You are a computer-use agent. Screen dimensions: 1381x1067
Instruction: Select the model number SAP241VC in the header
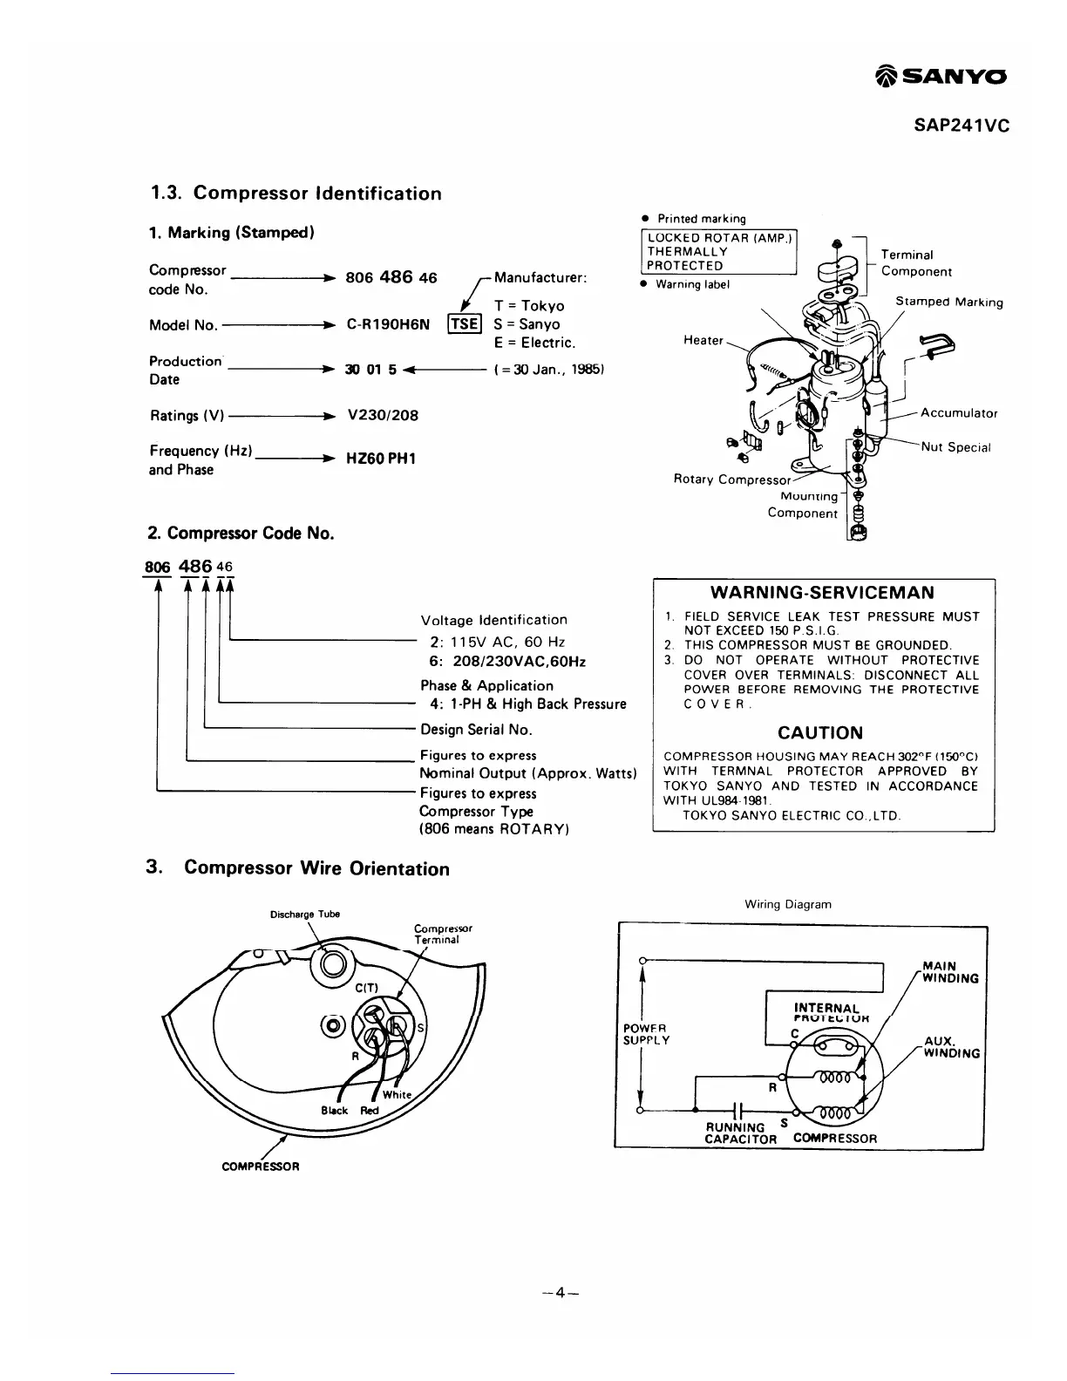[x=962, y=126]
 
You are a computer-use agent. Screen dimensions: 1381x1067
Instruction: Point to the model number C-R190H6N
[x=388, y=324]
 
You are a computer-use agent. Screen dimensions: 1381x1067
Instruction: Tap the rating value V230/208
[x=383, y=415]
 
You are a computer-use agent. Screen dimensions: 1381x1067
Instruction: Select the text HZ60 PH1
[x=381, y=459]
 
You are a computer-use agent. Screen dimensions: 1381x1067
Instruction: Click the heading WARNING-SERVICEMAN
[x=822, y=593]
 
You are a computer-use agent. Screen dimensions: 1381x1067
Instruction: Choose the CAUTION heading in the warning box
[x=820, y=733]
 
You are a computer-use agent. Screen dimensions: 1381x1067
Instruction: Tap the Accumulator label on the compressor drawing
[x=959, y=413]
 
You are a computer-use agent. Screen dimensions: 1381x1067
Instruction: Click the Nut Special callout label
[x=956, y=447]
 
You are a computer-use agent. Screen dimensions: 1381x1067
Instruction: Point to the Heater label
[x=703, y=340]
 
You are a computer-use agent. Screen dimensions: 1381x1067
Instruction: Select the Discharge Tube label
[x=305, y=914]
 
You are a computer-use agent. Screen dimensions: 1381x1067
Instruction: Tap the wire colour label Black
[x=334, y=1111]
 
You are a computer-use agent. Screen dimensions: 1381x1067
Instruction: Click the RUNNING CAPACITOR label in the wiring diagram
[x=740, y=1133]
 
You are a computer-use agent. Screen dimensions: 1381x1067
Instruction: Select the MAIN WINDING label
[x=950, y=972]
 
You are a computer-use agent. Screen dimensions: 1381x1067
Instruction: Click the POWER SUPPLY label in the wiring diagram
[x=646, y=1034]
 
